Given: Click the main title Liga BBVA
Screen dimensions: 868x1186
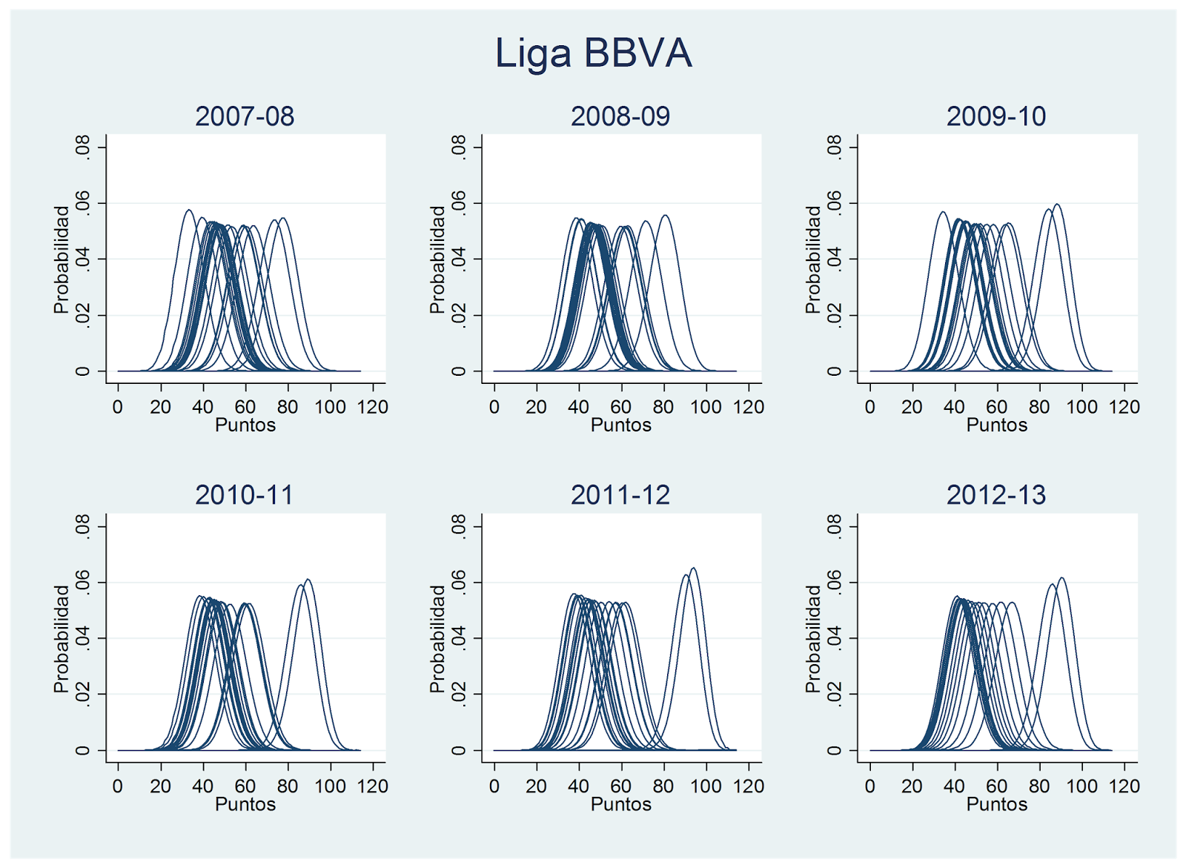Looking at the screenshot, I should tap(593, 53).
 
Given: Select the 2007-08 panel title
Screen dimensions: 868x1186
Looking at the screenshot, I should tap(245, 116).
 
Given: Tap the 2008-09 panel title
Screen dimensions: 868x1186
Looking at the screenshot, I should tap(620, 116).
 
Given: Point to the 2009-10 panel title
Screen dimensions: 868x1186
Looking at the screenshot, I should tap(996, 116).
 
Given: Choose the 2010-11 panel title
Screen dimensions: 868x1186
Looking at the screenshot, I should tap(245, 495).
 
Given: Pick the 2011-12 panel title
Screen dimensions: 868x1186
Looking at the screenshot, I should tap(620, 495).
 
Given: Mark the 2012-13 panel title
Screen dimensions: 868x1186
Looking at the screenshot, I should tap(996, 495).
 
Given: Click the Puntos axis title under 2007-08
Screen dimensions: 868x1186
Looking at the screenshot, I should tap(245, 425).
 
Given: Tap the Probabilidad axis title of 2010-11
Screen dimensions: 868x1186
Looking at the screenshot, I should tap(62, 639).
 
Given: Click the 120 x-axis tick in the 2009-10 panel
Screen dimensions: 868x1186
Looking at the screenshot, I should tap(1124, 407).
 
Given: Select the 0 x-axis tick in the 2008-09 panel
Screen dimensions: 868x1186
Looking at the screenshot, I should tap(494, 407).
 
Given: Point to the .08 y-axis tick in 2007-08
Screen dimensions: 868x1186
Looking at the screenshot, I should tap(82, 147).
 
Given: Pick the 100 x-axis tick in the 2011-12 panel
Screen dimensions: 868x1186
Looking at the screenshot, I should tap(706, 786).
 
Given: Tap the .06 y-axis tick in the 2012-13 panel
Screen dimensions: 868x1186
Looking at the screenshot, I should tap(834, 582).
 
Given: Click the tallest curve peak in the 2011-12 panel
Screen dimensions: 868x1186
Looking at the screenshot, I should tap(693, 569).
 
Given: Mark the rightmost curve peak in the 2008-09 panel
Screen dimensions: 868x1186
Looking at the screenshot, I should tap(665, 216).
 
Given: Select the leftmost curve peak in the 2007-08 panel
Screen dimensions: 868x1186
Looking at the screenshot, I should tap(189, 211).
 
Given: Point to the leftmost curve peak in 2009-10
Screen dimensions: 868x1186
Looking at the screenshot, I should tap(943, 213).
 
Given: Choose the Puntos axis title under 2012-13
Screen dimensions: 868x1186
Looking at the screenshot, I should tap(997, 805).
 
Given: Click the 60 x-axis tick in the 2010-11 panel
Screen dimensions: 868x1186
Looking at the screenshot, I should tap(245, 786).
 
